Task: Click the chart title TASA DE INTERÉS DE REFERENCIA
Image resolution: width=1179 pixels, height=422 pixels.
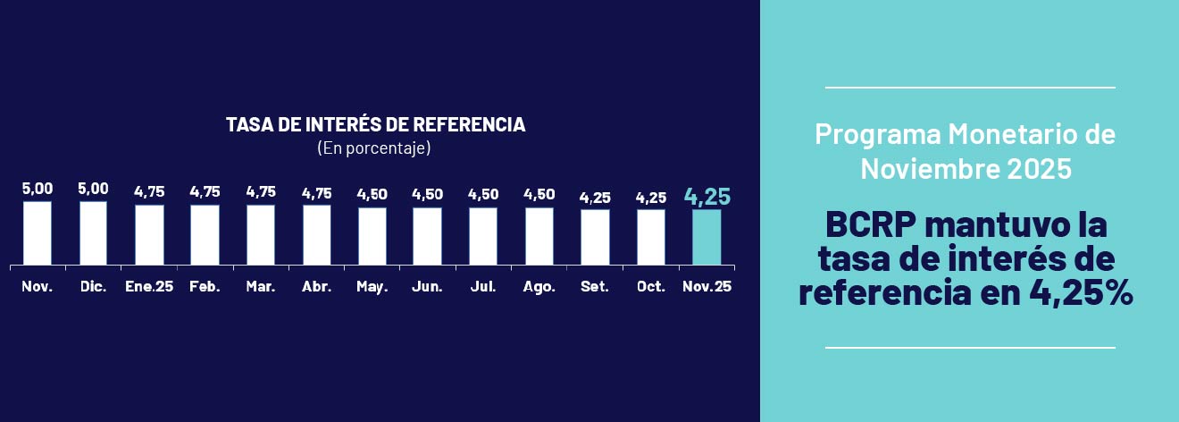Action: [375, 125]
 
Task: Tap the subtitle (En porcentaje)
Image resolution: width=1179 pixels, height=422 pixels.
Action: [374, 148]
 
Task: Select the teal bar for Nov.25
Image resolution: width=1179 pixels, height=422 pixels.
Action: [707, 237]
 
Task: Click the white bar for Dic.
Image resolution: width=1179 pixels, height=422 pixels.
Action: [93, 233]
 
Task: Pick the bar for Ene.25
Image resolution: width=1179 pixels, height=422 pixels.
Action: [149, 235]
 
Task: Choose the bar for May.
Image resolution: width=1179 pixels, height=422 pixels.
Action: [372, 236]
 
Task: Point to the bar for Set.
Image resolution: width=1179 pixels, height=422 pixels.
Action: [595, 237]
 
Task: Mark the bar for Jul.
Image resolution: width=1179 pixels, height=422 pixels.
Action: [483, 236]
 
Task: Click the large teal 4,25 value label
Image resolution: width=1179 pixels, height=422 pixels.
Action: [707, 197]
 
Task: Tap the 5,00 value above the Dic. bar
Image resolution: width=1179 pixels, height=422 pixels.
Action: [93, 189]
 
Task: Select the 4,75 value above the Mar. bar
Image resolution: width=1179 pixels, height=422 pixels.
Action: [261, 191]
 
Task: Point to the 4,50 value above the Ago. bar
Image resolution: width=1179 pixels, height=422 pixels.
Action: [539, 194]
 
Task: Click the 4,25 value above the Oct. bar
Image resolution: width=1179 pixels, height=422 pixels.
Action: [650, 197]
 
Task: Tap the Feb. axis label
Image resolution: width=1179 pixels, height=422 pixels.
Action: [205, 287]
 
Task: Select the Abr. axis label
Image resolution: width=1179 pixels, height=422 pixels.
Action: [316, 287]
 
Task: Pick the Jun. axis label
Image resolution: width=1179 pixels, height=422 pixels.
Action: [428, 287]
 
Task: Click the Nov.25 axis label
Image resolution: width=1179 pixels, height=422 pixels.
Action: [707, 287]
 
